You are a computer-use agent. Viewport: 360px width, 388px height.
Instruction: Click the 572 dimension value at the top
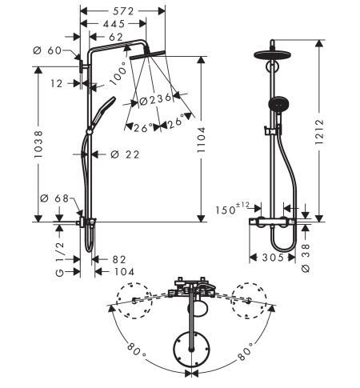[x=123, y=11]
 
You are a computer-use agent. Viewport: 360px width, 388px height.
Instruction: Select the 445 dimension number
[x=114, y=24]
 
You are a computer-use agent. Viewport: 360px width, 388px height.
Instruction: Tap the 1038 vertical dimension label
[x=38, y=144]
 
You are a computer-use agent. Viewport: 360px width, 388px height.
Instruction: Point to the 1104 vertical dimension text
[x=201, y=140]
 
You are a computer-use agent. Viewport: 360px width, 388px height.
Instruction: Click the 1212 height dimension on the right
[x=319, y=132]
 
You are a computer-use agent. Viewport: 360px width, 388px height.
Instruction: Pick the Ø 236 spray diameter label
[x=155, y=99]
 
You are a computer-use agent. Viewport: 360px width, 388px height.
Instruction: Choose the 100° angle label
[x=119, y=74]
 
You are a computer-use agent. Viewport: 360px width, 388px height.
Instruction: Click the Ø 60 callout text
[x=47, y=50]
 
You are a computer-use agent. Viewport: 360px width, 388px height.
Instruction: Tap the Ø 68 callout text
[x=54, y=198]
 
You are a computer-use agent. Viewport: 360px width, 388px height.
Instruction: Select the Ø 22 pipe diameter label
[x=125, y=154]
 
